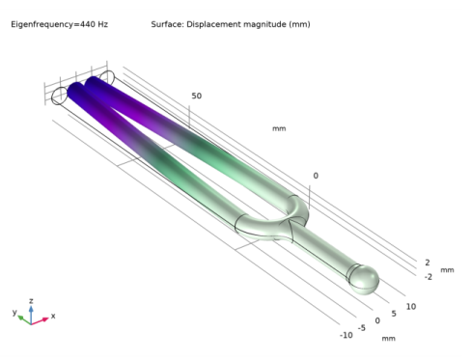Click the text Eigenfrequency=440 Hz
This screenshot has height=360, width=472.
(x=60, y=24)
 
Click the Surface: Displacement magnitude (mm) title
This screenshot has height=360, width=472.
(x=231, y=24)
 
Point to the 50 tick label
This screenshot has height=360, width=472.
(x=197, y=96)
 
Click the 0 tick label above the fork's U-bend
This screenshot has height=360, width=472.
(x=316, y=176)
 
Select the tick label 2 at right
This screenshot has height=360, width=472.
(x=428, y=263)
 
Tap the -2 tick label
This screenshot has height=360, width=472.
(x=429, y=277)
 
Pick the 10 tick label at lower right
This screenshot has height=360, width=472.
(x=411, y=307)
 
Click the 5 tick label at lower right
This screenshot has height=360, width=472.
(x=394, y=314)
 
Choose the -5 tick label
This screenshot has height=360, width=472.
(x=362, y=328)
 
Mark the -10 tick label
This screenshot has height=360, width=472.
(x=347, y=335)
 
